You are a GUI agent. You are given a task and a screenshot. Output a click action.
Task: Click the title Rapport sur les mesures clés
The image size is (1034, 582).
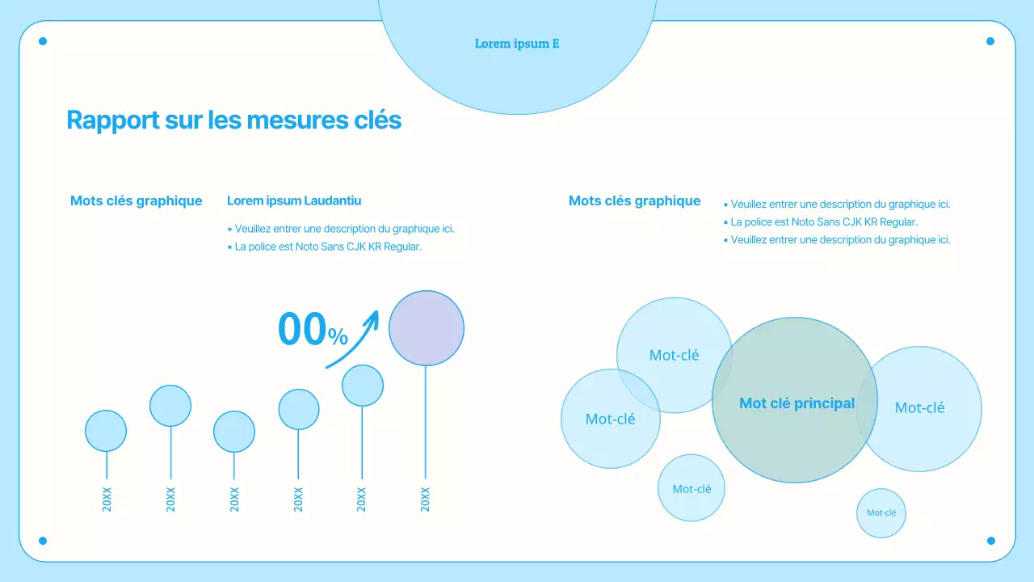tap(233, 120)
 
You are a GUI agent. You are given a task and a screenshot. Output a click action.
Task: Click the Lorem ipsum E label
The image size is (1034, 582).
tap(517, 44)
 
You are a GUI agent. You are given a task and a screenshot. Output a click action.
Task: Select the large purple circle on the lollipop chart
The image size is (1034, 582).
tap(427, 328)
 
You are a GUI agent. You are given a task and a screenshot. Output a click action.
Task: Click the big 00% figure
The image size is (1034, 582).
tap(312, 330)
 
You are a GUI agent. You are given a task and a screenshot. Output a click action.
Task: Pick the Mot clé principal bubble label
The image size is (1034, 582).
tap(797, 403)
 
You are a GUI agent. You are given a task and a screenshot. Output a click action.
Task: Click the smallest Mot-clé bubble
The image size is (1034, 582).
tap(881, 512)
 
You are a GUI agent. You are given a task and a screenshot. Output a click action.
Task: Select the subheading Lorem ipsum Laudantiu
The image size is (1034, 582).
tap(294, 200)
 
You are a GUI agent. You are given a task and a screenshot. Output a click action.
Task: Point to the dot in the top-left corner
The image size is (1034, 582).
tap(43, 41)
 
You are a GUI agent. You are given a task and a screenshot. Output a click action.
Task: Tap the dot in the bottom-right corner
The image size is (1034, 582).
tap(990, 541)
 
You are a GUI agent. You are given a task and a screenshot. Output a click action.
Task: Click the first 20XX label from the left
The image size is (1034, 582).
tap(107, 499)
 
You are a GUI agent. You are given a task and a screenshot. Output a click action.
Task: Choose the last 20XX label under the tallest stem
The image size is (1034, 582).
tap(426, 499)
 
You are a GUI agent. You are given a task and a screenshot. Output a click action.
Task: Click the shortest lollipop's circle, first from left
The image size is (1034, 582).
tap(106, 431)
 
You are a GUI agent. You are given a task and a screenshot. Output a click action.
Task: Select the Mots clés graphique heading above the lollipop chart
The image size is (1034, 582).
tap(136, 201)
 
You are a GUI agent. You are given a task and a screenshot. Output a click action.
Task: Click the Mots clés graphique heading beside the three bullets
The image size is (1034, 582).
tap(634, 201)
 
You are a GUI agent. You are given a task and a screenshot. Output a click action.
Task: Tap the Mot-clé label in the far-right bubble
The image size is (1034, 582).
tap(919, 408)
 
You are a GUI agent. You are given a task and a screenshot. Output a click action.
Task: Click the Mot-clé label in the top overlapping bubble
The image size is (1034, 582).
tap(674, 355)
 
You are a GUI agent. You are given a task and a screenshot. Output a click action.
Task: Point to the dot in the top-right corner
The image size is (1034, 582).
tap(990, 41)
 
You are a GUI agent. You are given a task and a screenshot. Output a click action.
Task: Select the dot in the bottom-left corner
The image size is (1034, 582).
tap(43, 541)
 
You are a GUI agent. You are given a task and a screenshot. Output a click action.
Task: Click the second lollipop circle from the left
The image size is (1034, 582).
tap(170, 406)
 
